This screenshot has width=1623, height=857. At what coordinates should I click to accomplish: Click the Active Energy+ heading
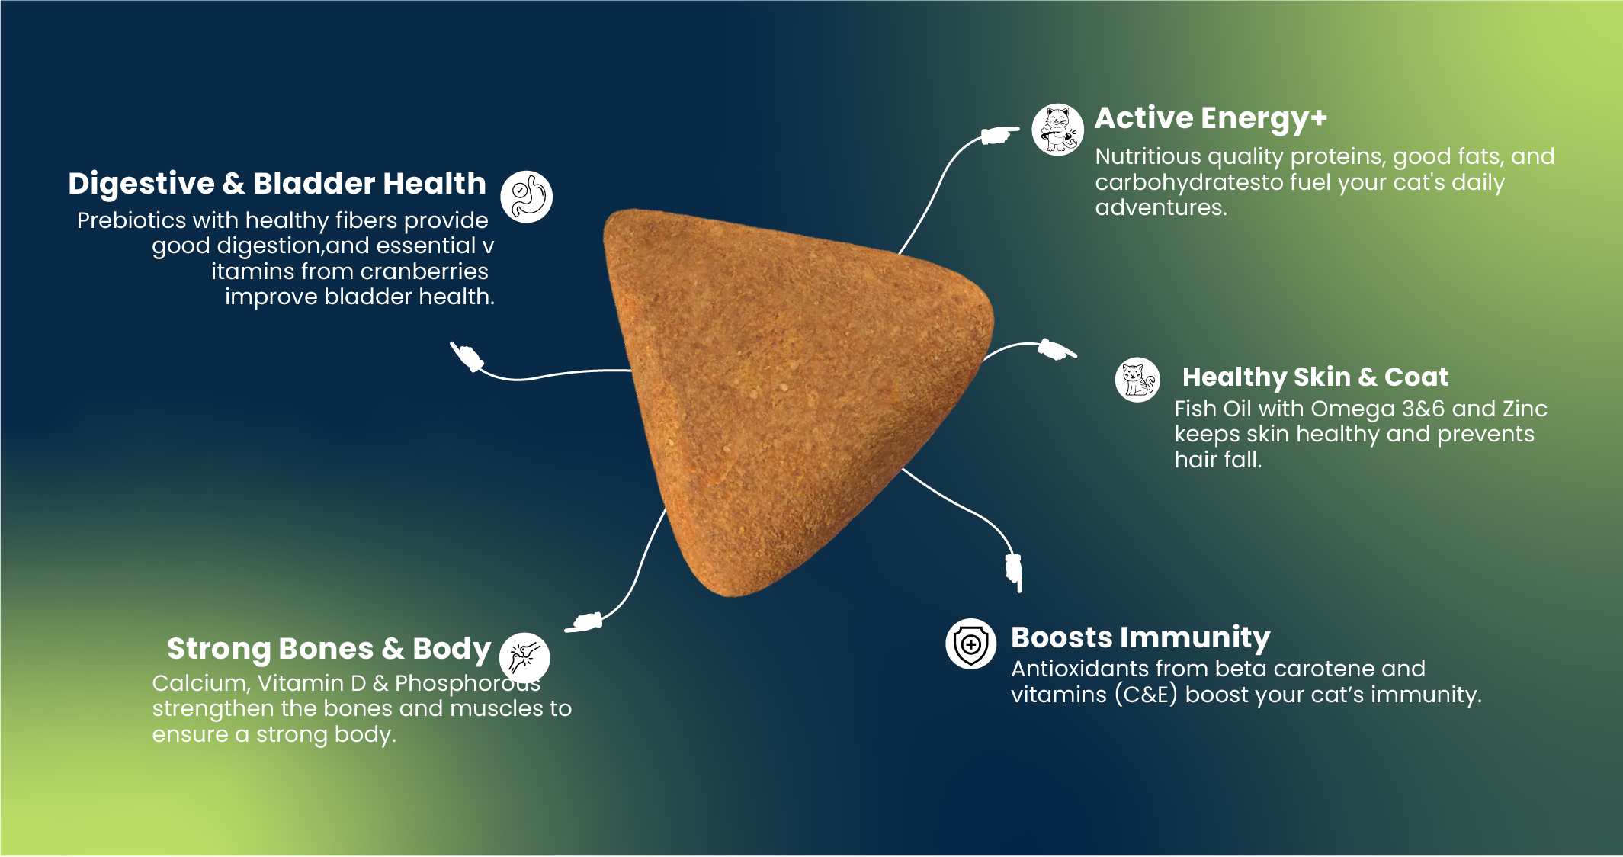[1211, 119]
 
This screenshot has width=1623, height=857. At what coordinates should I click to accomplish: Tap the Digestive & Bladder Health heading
[277, 184]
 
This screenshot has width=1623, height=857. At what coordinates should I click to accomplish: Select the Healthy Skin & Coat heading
[1315, 377]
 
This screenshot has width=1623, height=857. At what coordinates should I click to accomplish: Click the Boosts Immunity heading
[1140, 637]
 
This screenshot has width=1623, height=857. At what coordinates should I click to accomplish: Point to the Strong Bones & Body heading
[329, 649]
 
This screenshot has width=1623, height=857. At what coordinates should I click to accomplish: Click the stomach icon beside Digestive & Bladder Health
[526, 197]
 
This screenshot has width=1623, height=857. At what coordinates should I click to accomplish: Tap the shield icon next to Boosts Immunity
[970, 644]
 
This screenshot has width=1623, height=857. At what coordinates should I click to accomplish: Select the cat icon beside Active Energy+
[1057, 130]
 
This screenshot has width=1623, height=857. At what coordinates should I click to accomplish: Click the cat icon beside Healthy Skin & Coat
[1137, 380]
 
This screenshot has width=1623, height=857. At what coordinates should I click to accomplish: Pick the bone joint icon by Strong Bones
[524, 656]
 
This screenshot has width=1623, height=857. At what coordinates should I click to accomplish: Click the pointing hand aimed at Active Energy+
[999, 135]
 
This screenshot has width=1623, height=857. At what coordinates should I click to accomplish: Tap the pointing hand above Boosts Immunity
[1014, 573]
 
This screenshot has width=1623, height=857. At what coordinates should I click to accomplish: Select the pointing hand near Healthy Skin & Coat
[1057, 349]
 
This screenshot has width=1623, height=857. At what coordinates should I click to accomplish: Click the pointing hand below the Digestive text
[467, 357]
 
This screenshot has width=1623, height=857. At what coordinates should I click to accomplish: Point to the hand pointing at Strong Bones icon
[584, 622]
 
